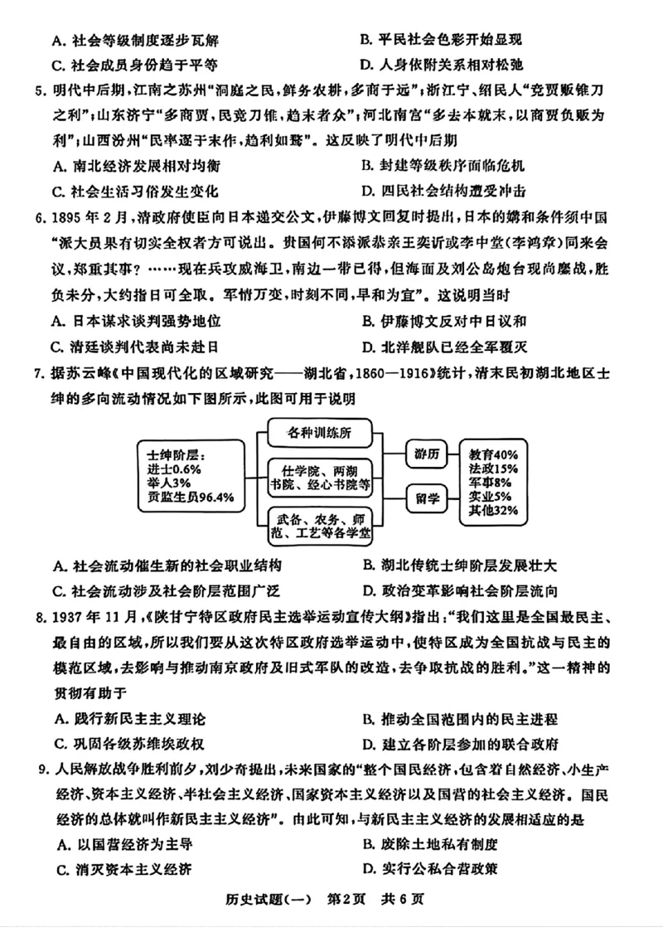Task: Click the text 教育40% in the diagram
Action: pos(494,455)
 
